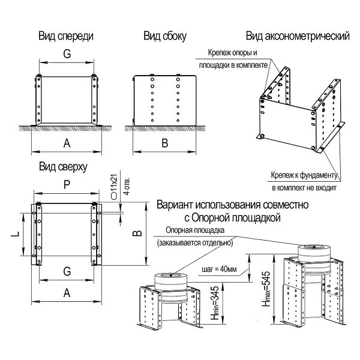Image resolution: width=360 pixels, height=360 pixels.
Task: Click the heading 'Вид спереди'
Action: (x=65, y=36)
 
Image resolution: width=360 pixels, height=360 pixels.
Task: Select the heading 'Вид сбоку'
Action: (x=164, y=36)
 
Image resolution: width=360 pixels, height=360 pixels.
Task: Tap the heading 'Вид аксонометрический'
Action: (x=298, y=36)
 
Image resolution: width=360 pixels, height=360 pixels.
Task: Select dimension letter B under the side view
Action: (x=164, y=142)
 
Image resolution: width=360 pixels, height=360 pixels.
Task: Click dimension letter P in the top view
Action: (x=65, y=187)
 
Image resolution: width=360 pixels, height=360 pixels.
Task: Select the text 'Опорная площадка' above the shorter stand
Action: (x=195, y=230)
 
